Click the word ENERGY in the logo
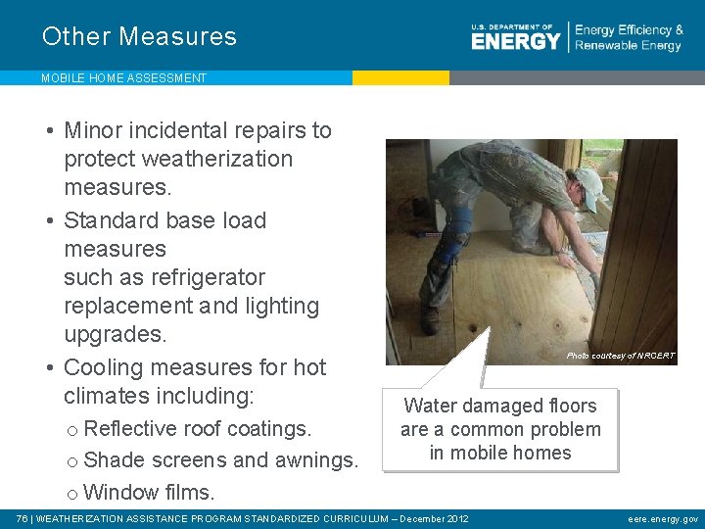(515, 40)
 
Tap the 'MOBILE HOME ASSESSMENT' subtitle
(123, 78)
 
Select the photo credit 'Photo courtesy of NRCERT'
(621, 356)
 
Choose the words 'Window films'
(149, 491)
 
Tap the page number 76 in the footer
(23, 518)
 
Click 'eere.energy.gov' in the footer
(663, 518)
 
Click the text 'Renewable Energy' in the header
(629, 46)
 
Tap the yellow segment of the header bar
(400, 77)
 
